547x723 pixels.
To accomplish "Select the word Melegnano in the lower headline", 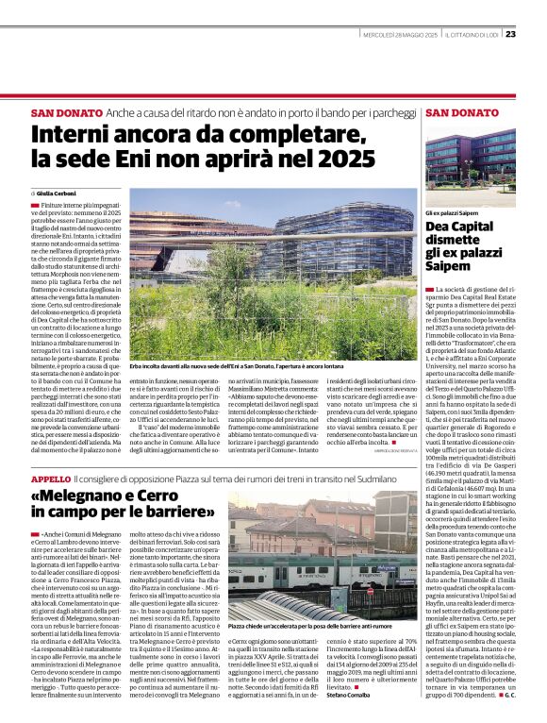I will pos(91,498).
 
